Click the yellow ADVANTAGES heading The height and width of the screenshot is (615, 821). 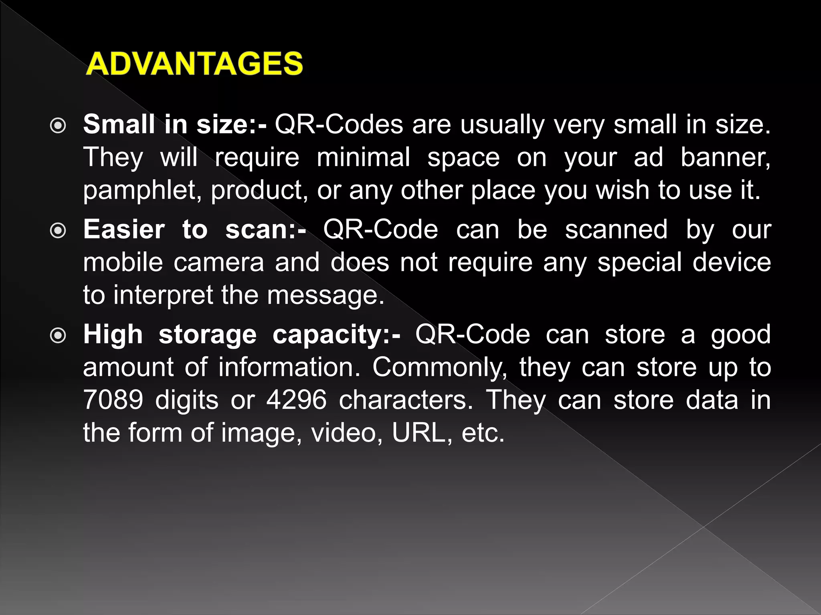[194, 64]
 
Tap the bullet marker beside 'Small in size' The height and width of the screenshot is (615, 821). [59, 126]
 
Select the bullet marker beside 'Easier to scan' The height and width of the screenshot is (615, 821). [59, 231]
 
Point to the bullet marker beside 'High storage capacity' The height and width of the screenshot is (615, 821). [59, 336]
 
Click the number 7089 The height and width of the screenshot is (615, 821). [113, 400]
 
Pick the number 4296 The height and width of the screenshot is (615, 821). [297, 400]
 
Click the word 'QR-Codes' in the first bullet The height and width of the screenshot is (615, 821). [339, 125]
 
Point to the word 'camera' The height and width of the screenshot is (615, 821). [219, 263]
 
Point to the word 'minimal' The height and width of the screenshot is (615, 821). [364, 157]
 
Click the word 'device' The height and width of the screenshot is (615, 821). [732, 263]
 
